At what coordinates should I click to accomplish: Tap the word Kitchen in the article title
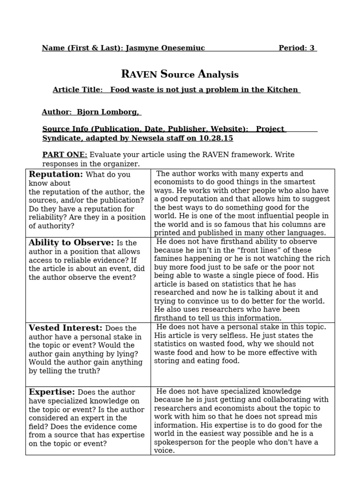(284, 90)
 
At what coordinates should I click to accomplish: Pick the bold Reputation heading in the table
(56, 175)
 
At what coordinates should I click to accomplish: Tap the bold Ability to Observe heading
(71, 243)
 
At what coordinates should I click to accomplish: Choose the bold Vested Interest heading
(65, 328)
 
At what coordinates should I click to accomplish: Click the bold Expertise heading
(52, 392)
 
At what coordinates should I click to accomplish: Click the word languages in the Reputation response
(307, 233)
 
